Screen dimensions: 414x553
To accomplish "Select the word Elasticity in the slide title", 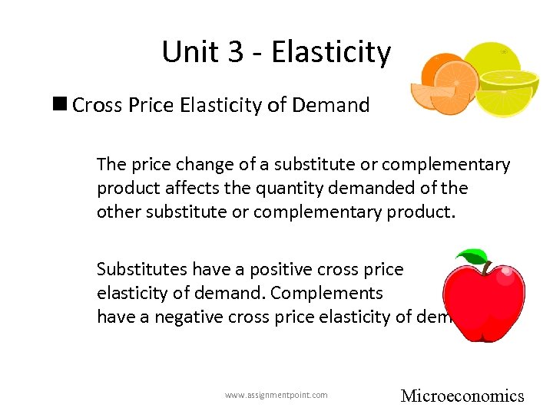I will pyautogui.click(x=331, y=52).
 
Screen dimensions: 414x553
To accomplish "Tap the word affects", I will pyautogui.click(x=173, y=188).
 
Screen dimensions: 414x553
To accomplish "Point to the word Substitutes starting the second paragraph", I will pyautogui.click(x=142, y=269).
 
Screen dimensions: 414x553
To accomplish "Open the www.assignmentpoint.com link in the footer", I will pyautogui.click(x=276, y=396).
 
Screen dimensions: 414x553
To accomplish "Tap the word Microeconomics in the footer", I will pyautogui.click(x=462, y=396).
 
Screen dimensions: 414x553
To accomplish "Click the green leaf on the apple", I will pyautogui.click(x=472, y=257).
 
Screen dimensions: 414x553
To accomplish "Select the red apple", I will pyautogui.click(x=484, y=299).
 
